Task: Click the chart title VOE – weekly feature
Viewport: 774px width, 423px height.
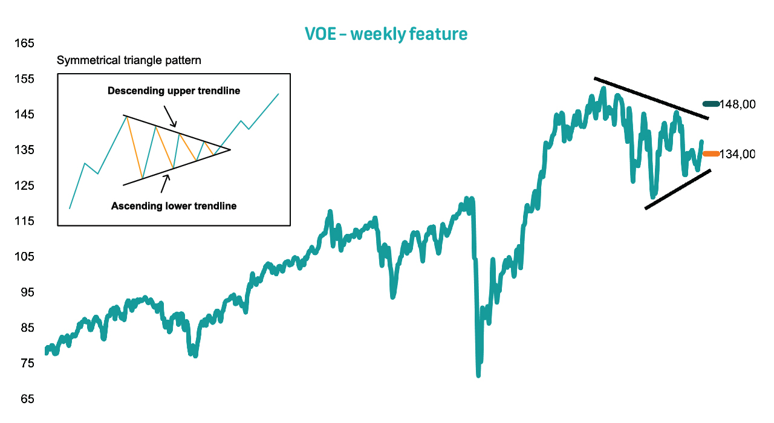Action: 386,34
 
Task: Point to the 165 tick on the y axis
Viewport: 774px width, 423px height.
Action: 24,43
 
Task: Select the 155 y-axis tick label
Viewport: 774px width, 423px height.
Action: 24,79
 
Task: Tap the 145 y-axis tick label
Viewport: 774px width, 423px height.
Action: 24,114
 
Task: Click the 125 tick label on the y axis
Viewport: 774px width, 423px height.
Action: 24,186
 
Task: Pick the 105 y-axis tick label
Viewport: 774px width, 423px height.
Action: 24,257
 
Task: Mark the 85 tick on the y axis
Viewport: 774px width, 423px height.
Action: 27,328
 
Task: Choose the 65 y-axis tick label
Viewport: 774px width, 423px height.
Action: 27,399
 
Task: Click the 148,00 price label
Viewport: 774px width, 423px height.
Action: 737,104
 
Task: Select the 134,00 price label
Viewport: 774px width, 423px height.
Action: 737,154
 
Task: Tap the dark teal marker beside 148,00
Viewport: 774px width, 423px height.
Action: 711,103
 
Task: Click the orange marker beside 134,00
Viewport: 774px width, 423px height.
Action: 711,153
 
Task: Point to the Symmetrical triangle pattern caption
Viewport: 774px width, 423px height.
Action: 129,60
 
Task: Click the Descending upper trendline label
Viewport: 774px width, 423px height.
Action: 174,91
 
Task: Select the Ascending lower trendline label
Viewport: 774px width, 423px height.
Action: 174,206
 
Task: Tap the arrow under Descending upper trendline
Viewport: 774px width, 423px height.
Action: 170,117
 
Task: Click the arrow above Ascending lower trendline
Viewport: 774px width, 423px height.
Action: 165,184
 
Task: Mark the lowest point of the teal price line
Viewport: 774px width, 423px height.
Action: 478,376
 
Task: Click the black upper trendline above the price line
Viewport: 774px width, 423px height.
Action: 651,98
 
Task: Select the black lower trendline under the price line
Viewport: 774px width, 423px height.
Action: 678,189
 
